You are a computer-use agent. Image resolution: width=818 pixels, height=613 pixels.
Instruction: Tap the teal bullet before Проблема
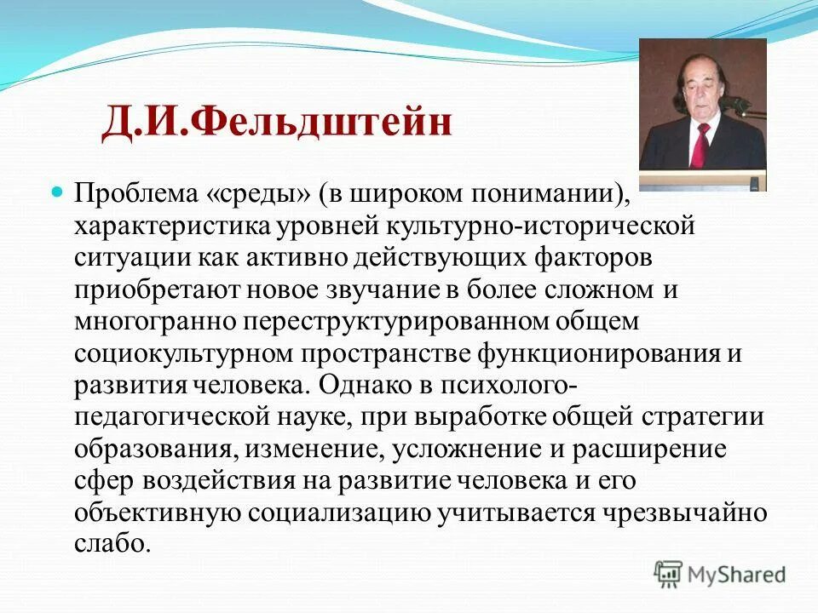pos(59,193)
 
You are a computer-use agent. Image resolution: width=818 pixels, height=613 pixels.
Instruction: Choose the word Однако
pos(359,385)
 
